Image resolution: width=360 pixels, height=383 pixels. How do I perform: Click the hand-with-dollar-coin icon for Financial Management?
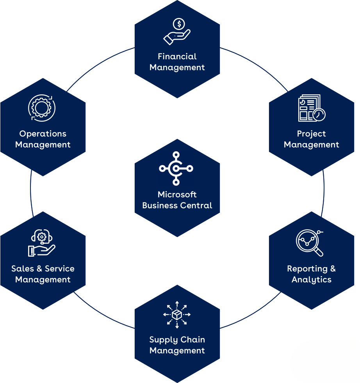click(x=177, y=32)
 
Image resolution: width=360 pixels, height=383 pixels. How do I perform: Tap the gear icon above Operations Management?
click(x=42, y=107)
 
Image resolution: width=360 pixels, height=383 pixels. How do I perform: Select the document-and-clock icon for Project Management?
click(x=311, y=108)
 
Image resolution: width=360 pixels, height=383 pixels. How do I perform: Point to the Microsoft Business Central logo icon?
click(x=176, y=168)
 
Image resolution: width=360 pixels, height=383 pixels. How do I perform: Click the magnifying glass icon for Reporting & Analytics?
click(x=310, y=243)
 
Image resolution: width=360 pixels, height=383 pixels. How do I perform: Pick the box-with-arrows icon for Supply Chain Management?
click(x=177, y=314)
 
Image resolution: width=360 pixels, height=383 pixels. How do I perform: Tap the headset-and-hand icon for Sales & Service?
click(x=41, y=243)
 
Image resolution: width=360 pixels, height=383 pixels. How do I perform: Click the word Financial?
click(x=177, y=57)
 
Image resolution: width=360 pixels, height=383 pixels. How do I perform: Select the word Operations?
click(x=43, y=134)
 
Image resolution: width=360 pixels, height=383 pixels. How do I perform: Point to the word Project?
click(x=311, y=134)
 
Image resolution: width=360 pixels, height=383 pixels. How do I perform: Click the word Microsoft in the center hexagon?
click(x=177, y=194)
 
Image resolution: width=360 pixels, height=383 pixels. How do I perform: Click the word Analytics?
click(x=311, y=280)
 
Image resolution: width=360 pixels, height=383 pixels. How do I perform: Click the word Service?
click(x=59, y=269)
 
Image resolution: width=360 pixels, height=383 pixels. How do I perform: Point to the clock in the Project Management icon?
click(x=319, y=114)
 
